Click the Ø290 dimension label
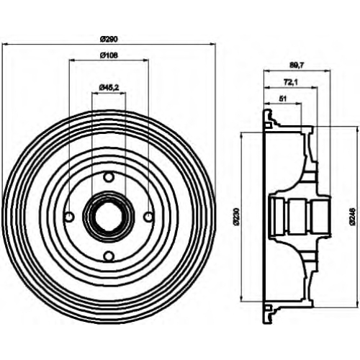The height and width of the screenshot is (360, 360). click(109, 39)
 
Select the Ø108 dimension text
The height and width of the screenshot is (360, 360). click(109, 55)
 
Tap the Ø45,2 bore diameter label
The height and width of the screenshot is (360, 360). click(109, 88)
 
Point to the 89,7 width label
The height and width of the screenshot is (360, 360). click(297, 66)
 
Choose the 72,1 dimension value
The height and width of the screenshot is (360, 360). click(291, 82)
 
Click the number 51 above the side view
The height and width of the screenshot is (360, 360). click(283, 99)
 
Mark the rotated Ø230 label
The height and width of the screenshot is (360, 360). click(237, 217)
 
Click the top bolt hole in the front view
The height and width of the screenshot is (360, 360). click(109, 177)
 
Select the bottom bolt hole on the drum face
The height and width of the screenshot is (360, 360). click(109, 256)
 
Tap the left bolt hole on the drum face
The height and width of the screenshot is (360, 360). click(70, 217)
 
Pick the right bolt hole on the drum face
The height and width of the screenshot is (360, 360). click(149, 217)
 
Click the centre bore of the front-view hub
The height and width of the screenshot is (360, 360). click(109, 217)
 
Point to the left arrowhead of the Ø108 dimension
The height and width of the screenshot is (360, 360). click(71, 60)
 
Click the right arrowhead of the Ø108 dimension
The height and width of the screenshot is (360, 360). click(146, 60)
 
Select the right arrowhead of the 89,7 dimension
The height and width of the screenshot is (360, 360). click(328, 71)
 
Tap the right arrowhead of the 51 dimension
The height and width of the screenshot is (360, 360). click(299, 104)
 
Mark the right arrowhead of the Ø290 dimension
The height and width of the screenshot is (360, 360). click(212, 44)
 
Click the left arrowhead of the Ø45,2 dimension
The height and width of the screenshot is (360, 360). click(94, 94)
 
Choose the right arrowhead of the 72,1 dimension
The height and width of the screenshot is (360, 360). click(315, 87)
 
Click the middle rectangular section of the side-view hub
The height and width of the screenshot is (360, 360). click(298, 217)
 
